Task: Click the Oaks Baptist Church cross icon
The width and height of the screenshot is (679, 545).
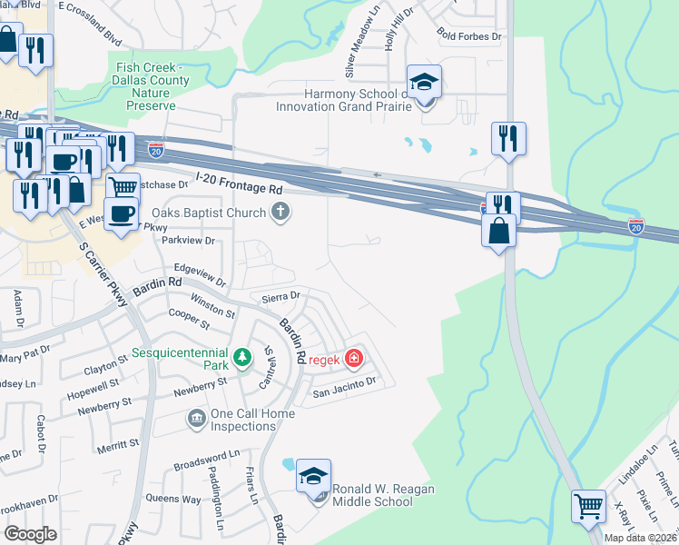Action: click(281, 213)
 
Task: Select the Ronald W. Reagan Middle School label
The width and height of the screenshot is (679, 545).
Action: click(383, 495)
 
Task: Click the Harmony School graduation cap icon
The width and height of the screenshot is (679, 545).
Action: click(424, 83)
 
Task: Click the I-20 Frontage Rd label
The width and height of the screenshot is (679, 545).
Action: click(239, 184)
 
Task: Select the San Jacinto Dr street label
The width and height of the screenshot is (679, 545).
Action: click(344, 391)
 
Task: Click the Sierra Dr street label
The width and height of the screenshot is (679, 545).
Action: click(280, 296)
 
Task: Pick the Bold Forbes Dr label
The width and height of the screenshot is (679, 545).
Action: click(468, 36)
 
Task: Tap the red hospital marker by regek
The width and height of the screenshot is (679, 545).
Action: click(352, 359)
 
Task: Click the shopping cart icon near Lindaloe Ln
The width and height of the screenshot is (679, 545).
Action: click(588, 505)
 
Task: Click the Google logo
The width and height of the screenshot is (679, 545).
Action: click(30, 534)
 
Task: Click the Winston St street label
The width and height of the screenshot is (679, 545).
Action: click(212, 304)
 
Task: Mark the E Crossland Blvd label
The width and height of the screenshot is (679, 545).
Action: click(89, 20)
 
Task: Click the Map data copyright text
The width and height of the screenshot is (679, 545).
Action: click(641, 538)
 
